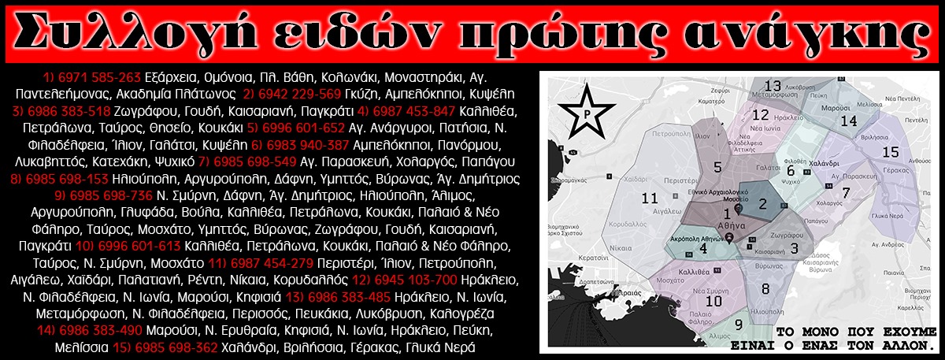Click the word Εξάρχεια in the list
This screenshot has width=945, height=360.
(172, 77)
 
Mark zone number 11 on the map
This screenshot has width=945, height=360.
(650, 199)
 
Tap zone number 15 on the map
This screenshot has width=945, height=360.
(891, 151)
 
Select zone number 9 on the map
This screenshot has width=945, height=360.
(739, 325)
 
